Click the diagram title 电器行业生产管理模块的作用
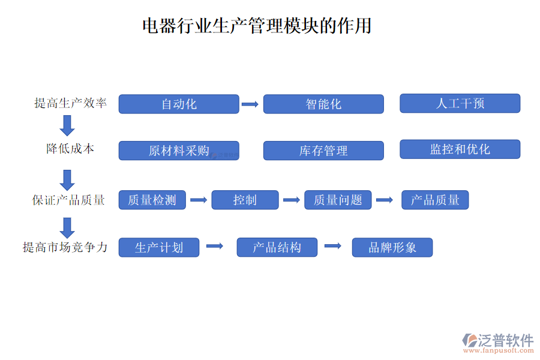(x=257, y=26)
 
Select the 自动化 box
(x=179, y=104)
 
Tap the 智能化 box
(x=323, y=104)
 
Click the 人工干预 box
(x=460, y=103)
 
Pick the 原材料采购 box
(x=179, y=151)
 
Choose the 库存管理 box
(x=323, y=151)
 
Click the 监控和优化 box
(x=460, y=149)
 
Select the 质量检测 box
(x=152, y=200)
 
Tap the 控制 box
(x=245, y=200)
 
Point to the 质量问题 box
(x=338, y=200)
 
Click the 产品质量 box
(x=435, y=200)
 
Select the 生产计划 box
(x=159, y=247)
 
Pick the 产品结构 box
(x=277, y=247)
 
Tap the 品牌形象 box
(x=392, y=247)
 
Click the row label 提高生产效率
(x=71, y=103)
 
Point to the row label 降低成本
(x=70, y=149)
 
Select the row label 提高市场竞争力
(x=65, y=247)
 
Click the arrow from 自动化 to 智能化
(x=250, y=104)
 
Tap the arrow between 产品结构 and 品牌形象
(x=333, y=246)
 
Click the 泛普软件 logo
(x=498, y=342)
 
